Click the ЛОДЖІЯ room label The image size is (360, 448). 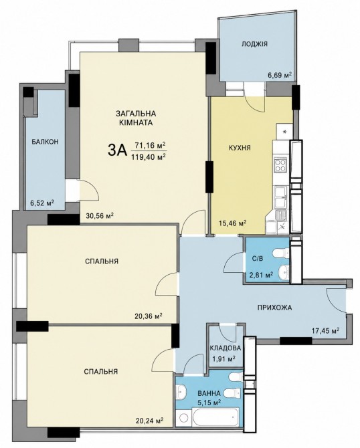(254, 44)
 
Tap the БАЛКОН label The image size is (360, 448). (46, 142)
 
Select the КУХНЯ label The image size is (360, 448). (240, 148)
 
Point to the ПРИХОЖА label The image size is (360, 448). (274, 308)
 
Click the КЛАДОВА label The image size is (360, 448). (226, 348)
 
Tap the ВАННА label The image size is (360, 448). (209, 393)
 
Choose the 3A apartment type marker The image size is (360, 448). (117, 150)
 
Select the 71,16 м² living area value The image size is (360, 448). (151, 146)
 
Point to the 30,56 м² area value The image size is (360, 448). (100, 216)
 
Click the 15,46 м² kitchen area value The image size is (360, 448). (232, 223)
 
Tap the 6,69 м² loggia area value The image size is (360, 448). (279, 76)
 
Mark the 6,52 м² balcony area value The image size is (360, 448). (42, 203)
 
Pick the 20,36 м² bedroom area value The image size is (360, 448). (149, 316)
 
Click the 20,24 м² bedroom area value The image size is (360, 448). (149, 421)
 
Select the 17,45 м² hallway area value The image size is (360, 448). (325, 331)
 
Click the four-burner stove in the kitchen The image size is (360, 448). (280, 165)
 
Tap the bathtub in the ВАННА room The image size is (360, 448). (208, 418)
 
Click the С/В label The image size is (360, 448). (258, 259)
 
